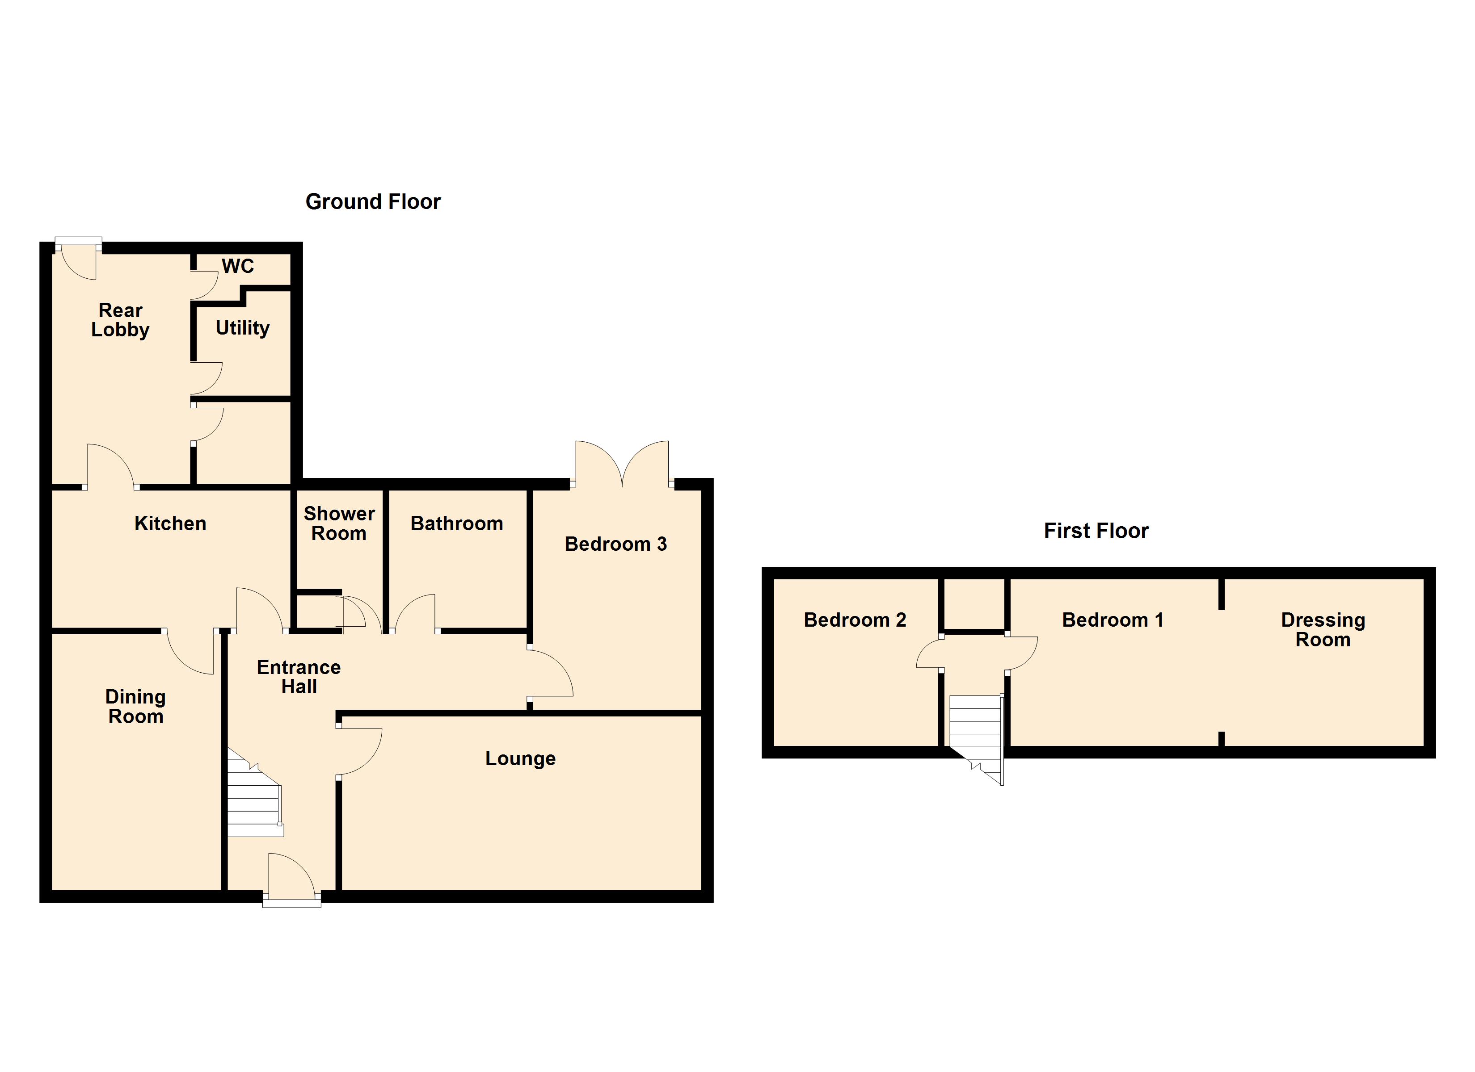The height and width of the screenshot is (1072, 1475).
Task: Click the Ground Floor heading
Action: coord(373,202)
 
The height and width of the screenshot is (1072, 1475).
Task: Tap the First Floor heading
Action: coord(1096,531)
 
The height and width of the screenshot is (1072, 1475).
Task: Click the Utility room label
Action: coord(243,328)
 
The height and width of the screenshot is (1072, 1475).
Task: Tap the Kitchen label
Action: coord(170,523)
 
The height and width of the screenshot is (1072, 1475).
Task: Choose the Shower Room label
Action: coord(339,523)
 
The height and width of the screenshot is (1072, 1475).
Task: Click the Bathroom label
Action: coord(456,523)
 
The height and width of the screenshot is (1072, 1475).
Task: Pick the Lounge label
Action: coord(520,758)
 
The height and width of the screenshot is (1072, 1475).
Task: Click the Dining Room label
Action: coord(135,707)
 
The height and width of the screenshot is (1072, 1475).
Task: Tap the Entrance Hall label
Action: coord(299,677)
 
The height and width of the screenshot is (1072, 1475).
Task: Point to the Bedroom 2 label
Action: coord(855,620)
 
